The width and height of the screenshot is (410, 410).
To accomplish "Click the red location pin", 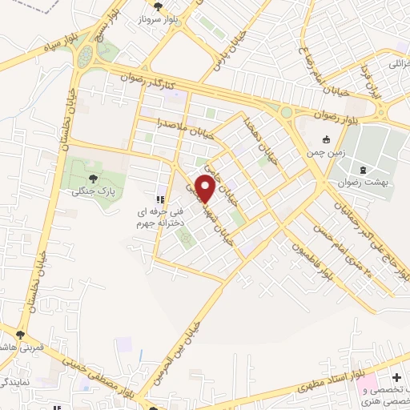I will point(205,189).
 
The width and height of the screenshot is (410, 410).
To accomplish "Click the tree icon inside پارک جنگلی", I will point(92,178).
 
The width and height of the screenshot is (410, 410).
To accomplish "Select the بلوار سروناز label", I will point(170,18).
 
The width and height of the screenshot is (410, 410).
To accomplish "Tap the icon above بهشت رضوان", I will point(364,170).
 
